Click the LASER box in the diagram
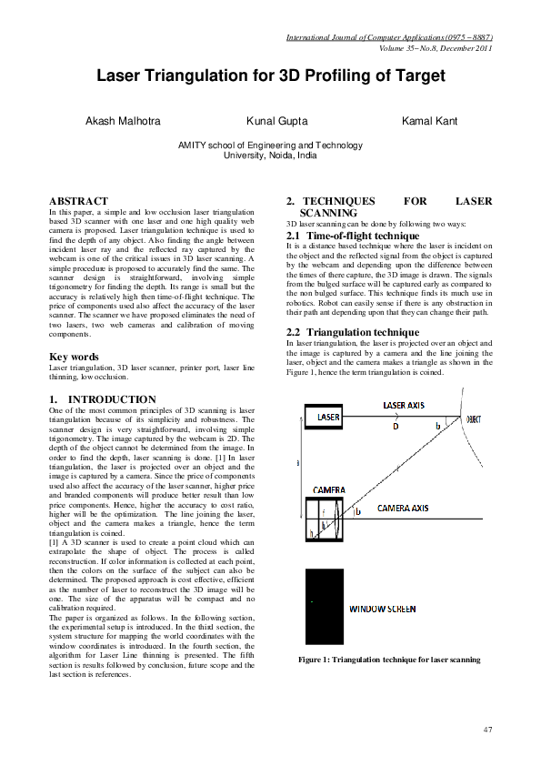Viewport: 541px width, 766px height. click(328, 418)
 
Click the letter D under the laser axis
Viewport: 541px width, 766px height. click(395, 425)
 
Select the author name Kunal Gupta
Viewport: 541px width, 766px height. click(276, 121)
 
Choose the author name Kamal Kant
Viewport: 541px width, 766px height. click(430, 121)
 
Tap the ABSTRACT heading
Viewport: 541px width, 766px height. click(78, 200)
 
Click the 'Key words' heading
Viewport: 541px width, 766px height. click(75, 356)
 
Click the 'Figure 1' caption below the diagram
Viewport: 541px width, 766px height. click(389, 659)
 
